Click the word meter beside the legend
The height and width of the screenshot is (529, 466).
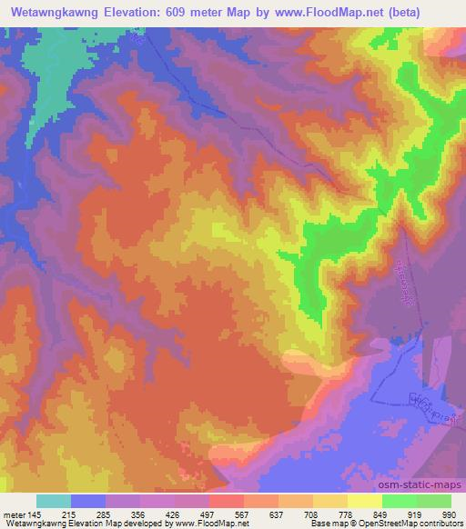tap(14, 514)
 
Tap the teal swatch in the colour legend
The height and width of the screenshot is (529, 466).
tap(54, 501)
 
